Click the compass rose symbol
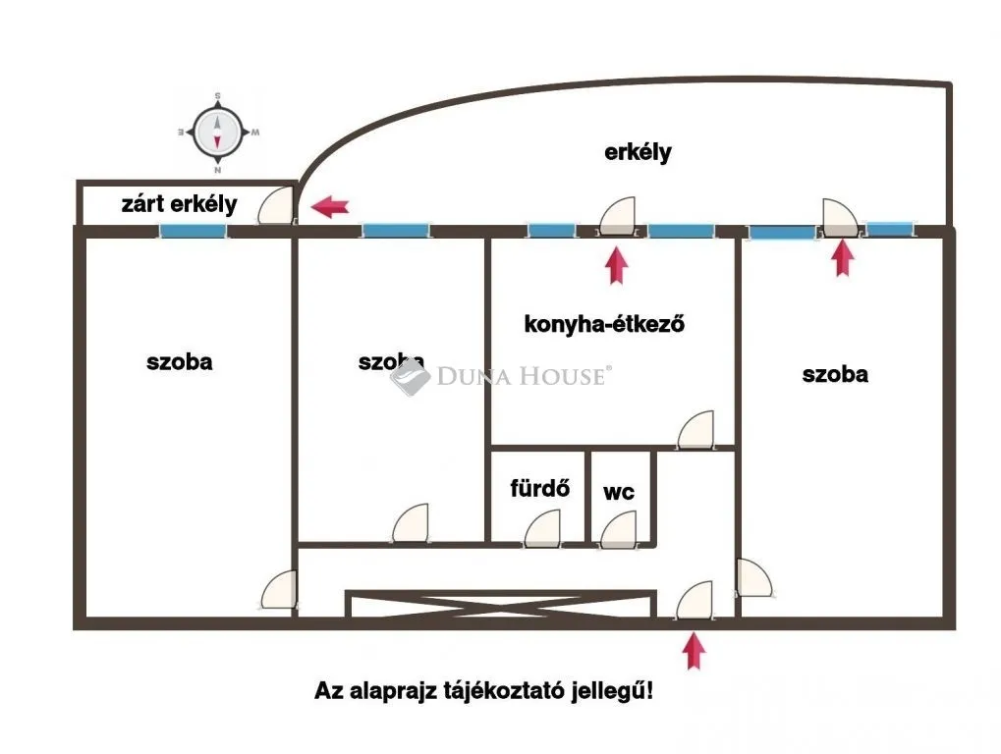pos(218,134)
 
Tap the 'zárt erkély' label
pos(180,204)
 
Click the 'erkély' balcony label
pos(638,152)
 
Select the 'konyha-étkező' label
pos(604,324)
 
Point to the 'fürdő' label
pos(539,488)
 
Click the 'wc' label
pos(619,493)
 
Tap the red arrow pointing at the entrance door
pos(694,651)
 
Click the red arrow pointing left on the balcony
pos(330,207)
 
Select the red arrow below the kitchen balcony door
pos(616,265)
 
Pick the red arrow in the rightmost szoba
pos(843,257)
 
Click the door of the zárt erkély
pos(276,205)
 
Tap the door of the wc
pos(619,530)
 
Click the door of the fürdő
pos(542,528)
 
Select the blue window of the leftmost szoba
pos(193,231)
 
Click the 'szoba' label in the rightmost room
pos(835,374)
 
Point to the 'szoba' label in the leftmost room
pos(180,362)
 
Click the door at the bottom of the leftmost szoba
pos(279,589)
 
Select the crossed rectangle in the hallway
pos(501,604)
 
